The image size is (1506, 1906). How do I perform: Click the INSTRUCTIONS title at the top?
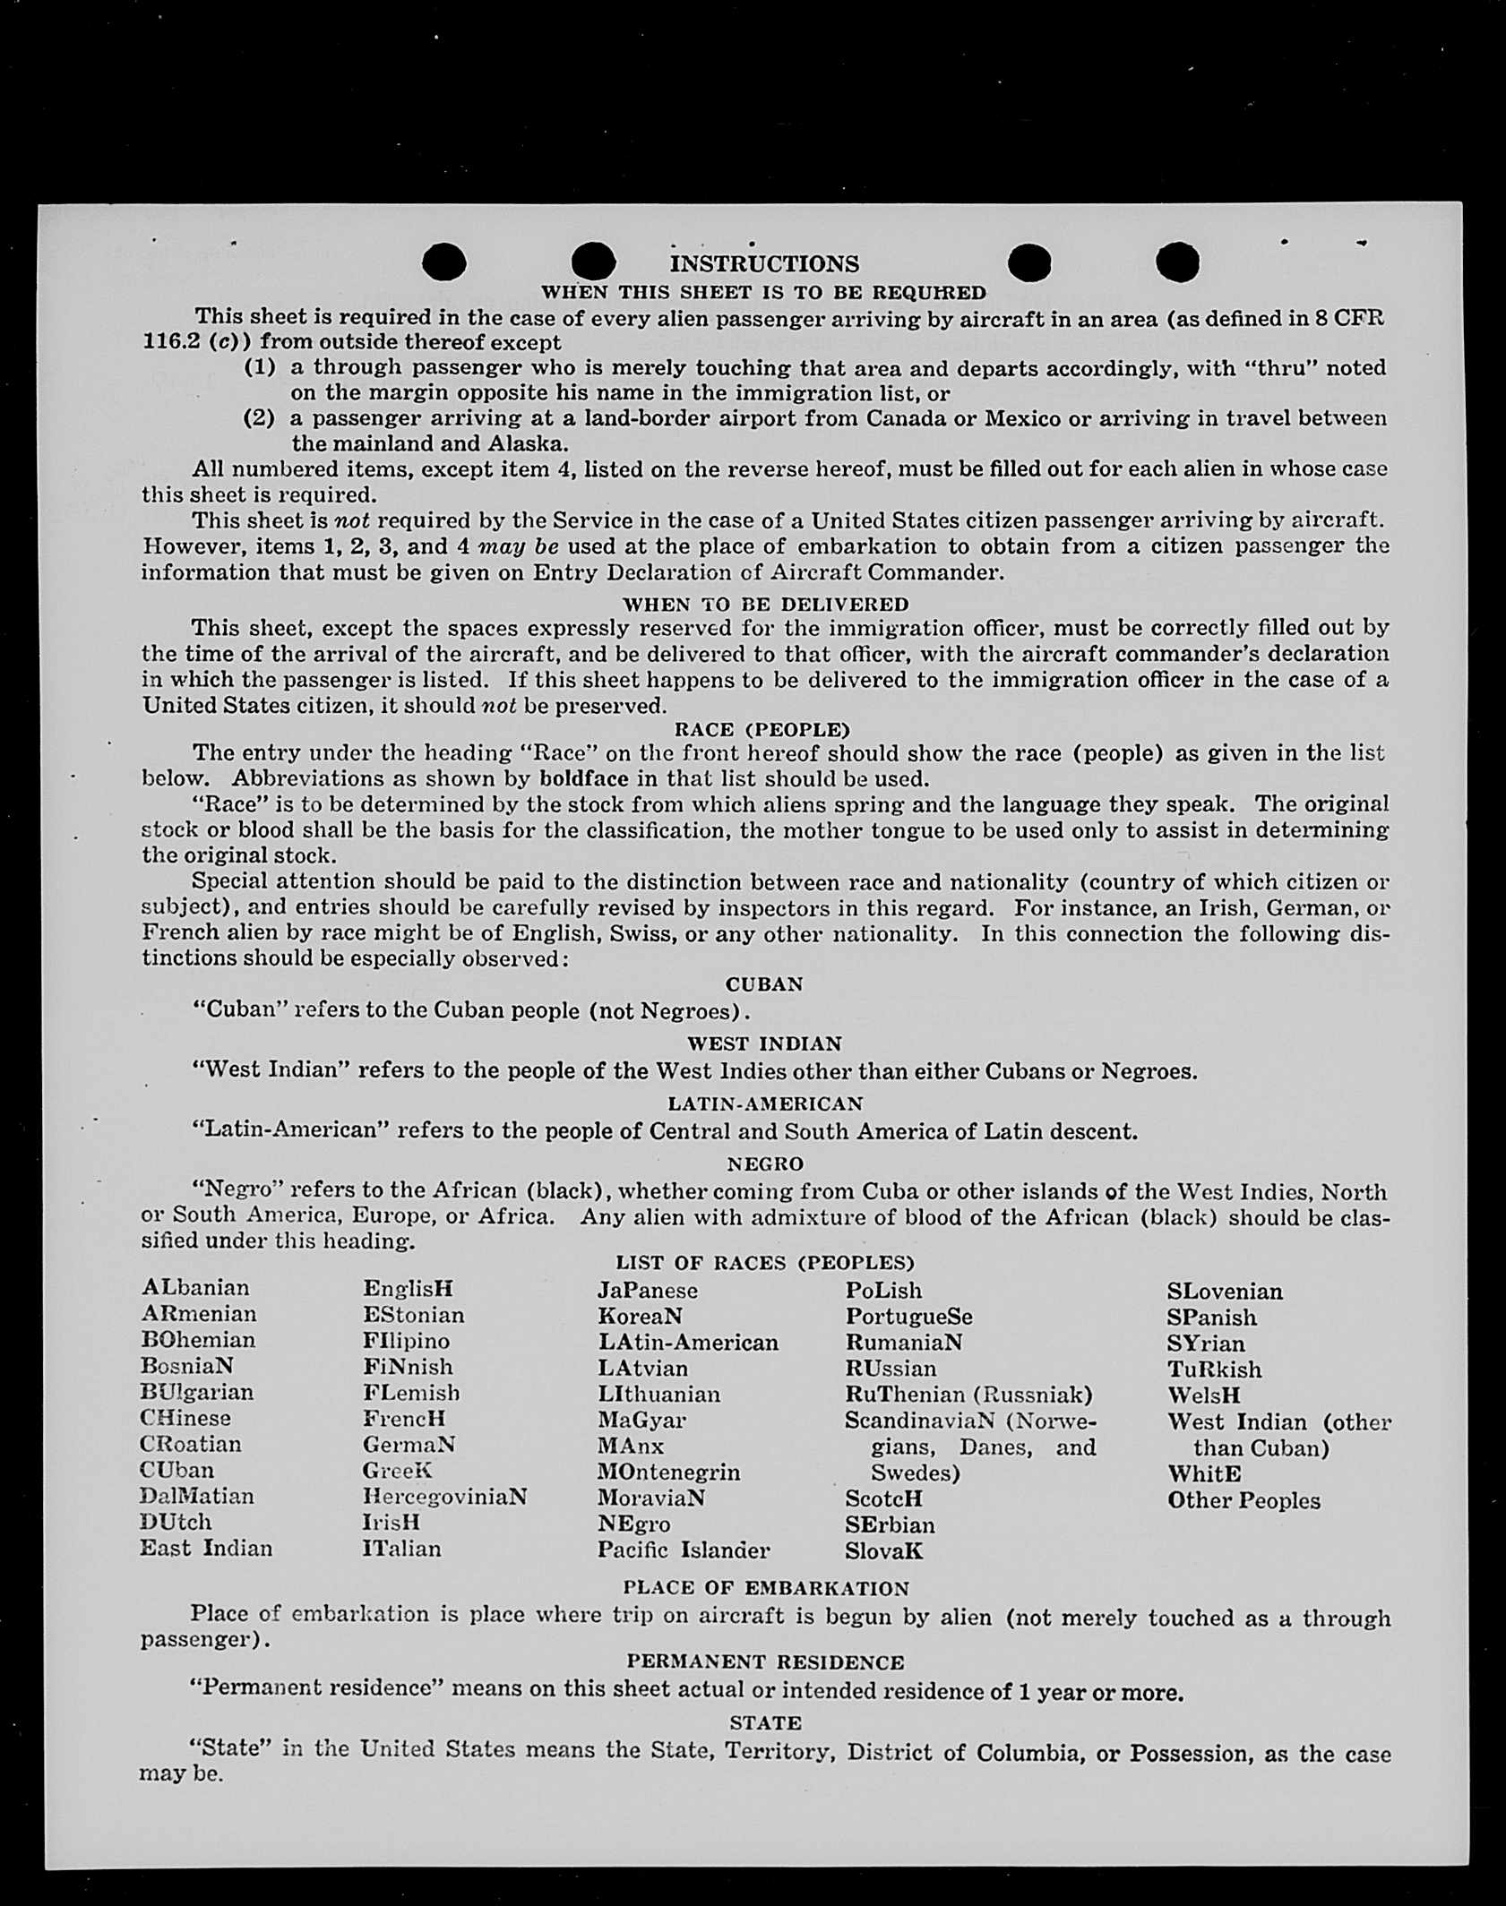pos(764,264)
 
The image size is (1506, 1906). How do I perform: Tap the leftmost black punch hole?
pos(444,262)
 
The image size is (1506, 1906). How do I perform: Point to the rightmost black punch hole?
pos(1177,262)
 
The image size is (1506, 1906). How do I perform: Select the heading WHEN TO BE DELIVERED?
pos(765,605)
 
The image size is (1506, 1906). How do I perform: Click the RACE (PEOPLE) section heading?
pos(762,729)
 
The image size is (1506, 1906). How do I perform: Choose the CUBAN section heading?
pos(764,984)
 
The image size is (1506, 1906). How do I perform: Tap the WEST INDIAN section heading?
pos(764,1044)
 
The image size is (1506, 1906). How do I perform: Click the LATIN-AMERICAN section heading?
pos(765,1104)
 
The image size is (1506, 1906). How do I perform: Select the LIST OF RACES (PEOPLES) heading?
pos(765,1263)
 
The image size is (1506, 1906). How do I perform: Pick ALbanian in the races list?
pos(196,1288)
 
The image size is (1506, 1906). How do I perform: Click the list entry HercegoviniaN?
pos(444,1497)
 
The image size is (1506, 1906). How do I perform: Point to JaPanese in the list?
pos(647,1291)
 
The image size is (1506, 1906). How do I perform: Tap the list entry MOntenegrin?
pos(668,1472)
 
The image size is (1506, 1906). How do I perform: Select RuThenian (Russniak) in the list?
pos(968,1395)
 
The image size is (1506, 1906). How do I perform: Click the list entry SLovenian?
pos(1224,1292)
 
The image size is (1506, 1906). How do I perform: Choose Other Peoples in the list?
pos(1244,1500)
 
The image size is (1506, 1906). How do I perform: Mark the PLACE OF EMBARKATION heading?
pos(766,1589)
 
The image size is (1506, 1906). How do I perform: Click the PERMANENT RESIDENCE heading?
pos(765,1662)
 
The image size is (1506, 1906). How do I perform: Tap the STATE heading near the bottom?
pos(765,1723)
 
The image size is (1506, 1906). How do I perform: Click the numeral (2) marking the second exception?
pos(259,418)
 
